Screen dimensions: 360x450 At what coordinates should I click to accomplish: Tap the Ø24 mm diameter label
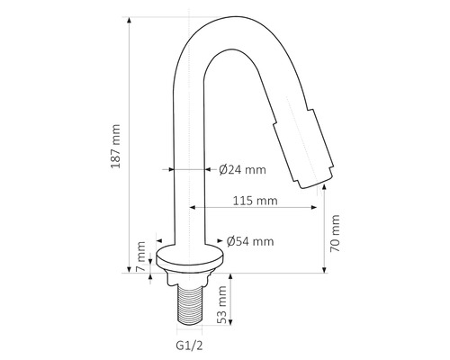[243, 168]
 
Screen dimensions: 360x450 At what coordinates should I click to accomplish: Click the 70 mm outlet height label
[336, 232]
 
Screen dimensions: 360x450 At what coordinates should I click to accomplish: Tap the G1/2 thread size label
[189, 343]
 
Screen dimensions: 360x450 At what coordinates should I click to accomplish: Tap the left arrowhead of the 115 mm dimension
[192, 208]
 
